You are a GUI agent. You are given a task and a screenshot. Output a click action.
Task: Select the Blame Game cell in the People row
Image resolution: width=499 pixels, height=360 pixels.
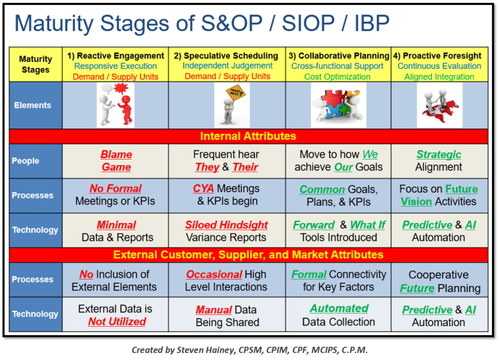click(116, 161)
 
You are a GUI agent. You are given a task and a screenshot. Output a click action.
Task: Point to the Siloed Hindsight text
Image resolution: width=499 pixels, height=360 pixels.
click(226, 225)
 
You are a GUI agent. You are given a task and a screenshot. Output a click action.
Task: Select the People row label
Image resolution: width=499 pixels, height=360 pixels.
click(25, 160)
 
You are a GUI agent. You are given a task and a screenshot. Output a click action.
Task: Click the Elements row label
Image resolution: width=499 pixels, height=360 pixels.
click(33, 105)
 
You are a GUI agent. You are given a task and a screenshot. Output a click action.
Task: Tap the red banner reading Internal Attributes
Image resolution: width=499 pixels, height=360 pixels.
click(249, 136)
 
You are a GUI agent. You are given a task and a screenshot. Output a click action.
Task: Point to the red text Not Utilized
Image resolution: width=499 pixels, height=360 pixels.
click(117, 322)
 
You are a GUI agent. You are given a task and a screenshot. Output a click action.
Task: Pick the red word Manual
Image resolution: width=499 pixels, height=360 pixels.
click(213, 309)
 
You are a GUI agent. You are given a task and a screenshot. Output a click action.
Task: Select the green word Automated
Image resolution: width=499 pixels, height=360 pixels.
click(339, 309)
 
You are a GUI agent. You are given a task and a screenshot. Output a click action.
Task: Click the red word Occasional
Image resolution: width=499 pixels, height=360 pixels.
click(213, 274)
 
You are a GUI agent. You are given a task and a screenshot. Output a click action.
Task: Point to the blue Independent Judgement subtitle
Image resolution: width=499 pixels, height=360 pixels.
click(226, 66)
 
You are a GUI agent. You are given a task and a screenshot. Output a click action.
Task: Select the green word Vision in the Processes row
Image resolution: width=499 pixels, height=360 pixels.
click(416, 201)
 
